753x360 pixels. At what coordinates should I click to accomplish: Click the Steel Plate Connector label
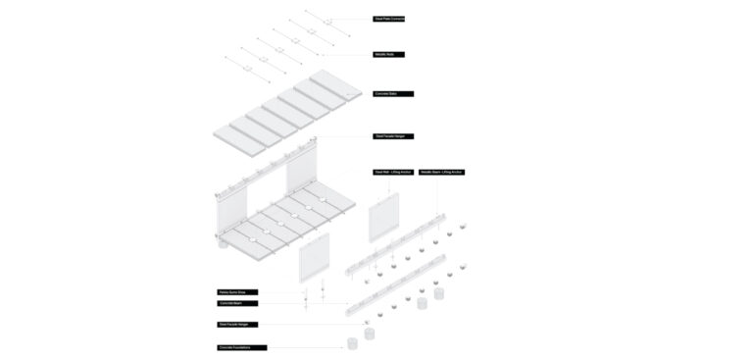(388, 19)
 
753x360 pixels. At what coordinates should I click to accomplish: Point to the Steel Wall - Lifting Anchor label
(393, 172)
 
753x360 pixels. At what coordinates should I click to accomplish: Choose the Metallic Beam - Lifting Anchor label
(441, 172)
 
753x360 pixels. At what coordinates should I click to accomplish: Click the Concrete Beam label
(236, 303)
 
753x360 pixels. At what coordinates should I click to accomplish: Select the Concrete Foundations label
(241, 347)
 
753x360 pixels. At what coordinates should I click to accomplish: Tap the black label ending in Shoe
(238, 292)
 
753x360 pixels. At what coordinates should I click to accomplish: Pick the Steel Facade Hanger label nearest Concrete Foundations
(238, 324)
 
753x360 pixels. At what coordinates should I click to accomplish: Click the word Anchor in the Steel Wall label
(405, 172)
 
